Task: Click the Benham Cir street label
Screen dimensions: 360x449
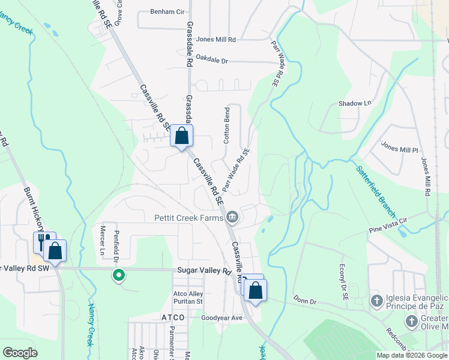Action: pyautogui.click(x=167, y=11)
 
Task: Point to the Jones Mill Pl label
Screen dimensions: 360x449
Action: pyautogui.click(x=399, y=148)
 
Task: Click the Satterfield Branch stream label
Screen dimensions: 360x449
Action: pyautogui.click(x=376, y=191)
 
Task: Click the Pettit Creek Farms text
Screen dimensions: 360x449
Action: pyautogui.click(x=188, y=218)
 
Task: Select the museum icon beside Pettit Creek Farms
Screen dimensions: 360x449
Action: pyautogui.click(x=232, y=217)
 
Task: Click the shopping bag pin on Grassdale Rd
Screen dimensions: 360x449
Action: pyautogui.click(x=181, y=136)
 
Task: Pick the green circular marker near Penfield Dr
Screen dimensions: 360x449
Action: pyautogui.click(x=119, y=275)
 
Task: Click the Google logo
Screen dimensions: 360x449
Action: pyautogui.click(x=20, y=353)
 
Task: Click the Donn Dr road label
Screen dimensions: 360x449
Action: pyautogui.click(x=304, y=299)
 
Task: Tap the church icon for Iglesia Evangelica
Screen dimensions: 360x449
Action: pyautogui.click(x=376, y=300)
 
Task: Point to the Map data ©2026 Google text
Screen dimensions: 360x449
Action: pyautogui.click(x=411, y=355)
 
